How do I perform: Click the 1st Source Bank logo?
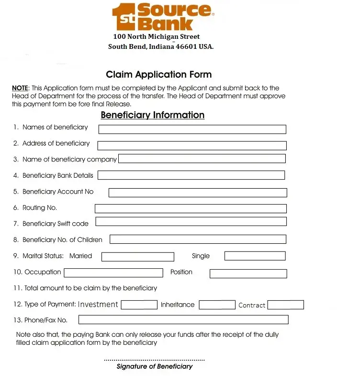pyautogui.click(x=162, y=17)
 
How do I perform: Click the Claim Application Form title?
pyautogui.click(x=158, y=75)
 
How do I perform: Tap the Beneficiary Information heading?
pyautogui.click(x=152, y=115)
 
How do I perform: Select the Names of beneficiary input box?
pyautogui.click(x=192, y=129)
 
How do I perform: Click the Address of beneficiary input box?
pyautogui.click(x=191, y=146)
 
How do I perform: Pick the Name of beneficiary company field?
pyautogui.click(x=202, y=159)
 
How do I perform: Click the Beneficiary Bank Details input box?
pyautogui.click(x=191, y=175)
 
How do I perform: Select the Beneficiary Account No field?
pyautogui.click(x=197, y=193)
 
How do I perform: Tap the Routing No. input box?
pyautogui.click(x=191, y=208)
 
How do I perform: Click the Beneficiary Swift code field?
pyautogui.click(x=191, y=221)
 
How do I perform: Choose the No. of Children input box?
pyautogui.click(x=198, y=239)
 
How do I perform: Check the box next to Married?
pyautogui.click(x=138, y=257)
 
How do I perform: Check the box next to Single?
pyautogui.click(x=255, y=256)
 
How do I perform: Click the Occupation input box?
pyautogui.click(x=113, y=273)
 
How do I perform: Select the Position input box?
pyautogui.click(x=248, y=273)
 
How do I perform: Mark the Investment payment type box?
pyautogui.click(x=139, y=305)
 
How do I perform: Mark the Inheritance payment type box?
pyautogui.click(x=217, y=305)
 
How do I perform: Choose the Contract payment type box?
pyautogui.click(x=285, y=305)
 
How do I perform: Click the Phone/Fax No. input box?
pyautogui.click(x=183, y=319)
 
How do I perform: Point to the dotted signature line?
pyautogui.click(x=154, y=360)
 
